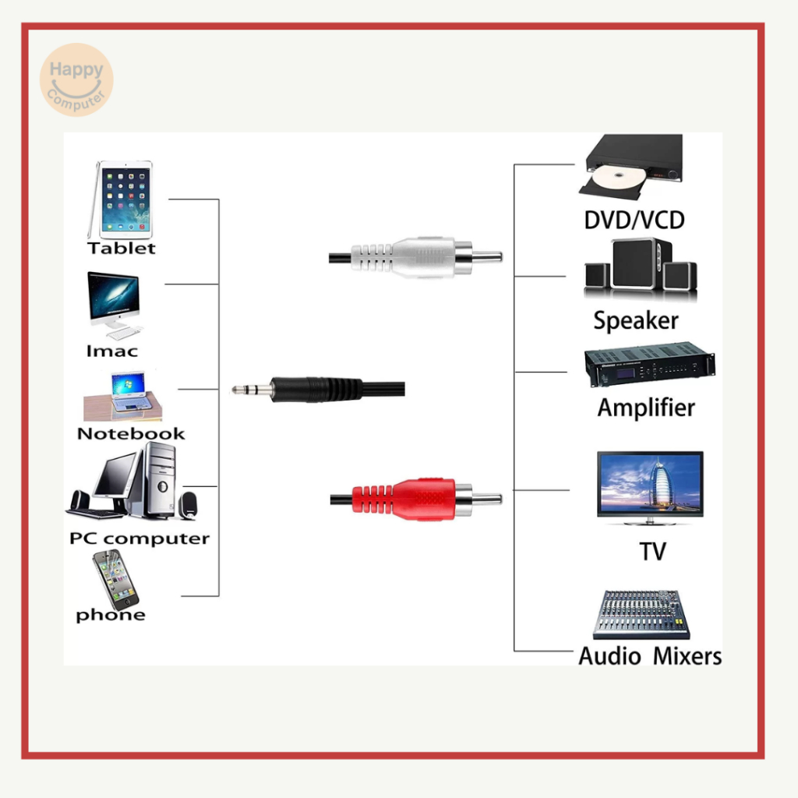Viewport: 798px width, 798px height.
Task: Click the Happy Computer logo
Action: pos(76,79)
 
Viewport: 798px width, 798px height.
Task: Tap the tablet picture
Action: pos(122,199)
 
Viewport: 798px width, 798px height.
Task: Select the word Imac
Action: pos(111,351)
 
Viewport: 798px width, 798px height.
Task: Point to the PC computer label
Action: pos(139,538)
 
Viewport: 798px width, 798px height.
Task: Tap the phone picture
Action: pos(114,578)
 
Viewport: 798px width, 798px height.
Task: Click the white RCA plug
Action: pos(413,256)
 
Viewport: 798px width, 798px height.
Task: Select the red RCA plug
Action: pos(413,499)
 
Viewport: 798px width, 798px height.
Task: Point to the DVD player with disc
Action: pos(632,166)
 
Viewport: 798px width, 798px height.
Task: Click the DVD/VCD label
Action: pos(634,220)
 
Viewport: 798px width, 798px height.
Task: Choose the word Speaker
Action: pos(636,320)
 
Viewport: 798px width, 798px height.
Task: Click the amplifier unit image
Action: pos(649,365)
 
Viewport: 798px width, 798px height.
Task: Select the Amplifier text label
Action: pos(646,408)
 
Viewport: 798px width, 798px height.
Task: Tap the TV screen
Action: pos(650,481)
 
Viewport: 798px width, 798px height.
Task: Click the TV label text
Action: pos(652,552)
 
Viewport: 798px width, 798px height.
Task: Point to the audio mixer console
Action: pos(641,614)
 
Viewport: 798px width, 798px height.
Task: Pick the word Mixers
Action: pos(687,656)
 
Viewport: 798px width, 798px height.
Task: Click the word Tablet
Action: pos(122,249)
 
